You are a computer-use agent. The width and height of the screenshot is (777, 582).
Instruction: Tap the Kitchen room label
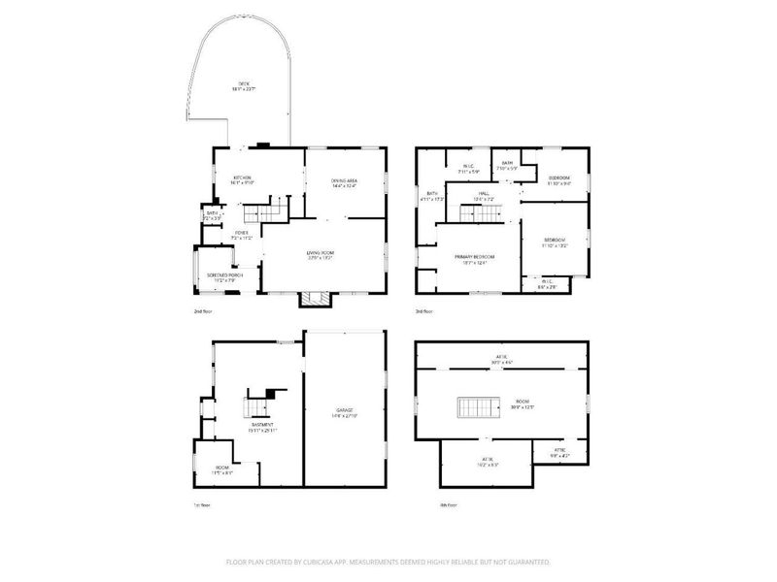coord(243,179)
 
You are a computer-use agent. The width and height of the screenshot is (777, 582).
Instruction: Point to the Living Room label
coord(321,256)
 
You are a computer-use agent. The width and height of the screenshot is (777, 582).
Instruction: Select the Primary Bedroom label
coord(470,258)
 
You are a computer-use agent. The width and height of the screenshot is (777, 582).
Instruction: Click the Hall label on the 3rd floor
coord(483,196)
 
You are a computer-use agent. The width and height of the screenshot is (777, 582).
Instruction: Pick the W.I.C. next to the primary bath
coord(468,169)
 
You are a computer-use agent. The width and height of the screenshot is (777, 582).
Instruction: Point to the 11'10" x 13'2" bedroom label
coord(554,242)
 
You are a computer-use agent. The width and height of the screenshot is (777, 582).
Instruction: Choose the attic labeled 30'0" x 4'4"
coord(502,360)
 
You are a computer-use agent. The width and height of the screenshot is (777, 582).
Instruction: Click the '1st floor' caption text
coord(201,505)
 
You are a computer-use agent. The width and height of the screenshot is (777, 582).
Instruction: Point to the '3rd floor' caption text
coord(423,311)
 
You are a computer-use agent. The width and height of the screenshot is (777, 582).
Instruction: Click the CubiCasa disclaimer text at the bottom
coord(388,562)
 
